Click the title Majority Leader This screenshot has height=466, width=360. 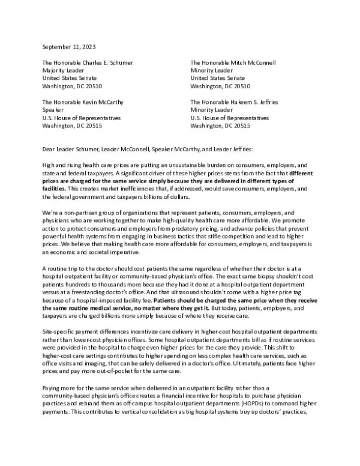63,70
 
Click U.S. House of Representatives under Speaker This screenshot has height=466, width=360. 81,118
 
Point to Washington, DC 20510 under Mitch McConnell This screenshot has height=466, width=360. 220,86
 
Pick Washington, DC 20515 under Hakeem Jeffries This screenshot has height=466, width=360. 220,126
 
